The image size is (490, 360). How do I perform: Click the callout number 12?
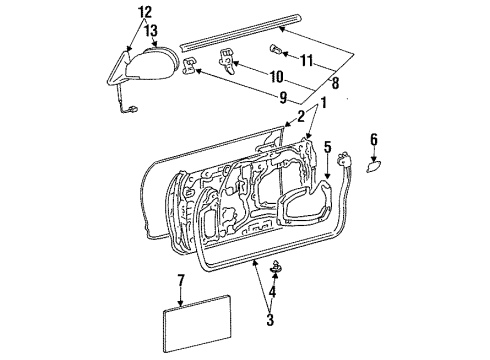tap(145, 12)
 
